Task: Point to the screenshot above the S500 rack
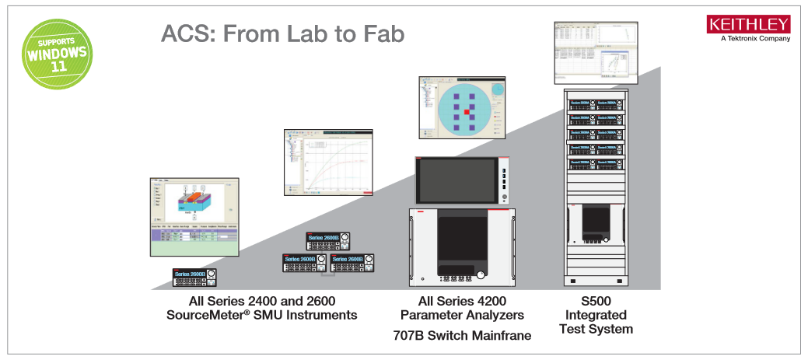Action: [x=596, y=51]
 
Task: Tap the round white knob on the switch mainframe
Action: [x=483, y=275]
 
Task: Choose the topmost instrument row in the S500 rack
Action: [x=596, y=103]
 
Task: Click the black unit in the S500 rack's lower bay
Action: [x=596, y=223]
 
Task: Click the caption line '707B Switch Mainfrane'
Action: [x=464, y=335]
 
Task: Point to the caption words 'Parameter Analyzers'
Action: [x=462, y=315]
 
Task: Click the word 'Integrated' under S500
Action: [x=596, y=315]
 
